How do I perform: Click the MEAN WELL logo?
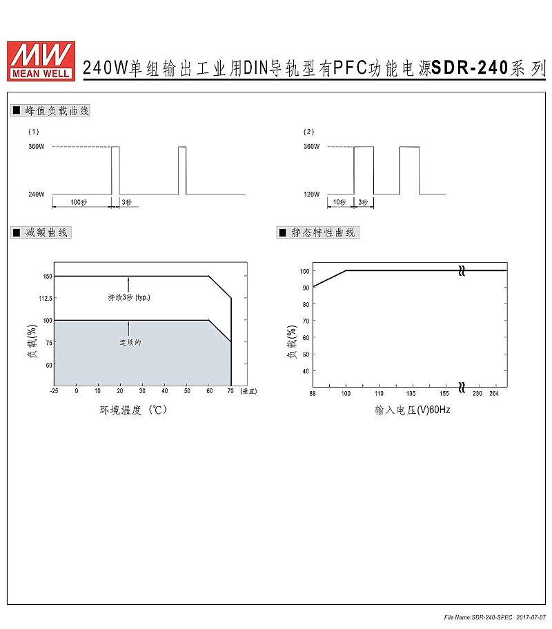(x=41, y=61)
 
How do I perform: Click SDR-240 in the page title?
(x=470, y=68)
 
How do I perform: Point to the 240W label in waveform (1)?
(x=36, y=194)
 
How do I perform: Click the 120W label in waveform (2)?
(x=311, y=194)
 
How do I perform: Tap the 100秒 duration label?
(x=79, y=202)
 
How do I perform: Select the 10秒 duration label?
(x=339, y=202)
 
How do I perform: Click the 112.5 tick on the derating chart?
(x=46, y=298)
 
